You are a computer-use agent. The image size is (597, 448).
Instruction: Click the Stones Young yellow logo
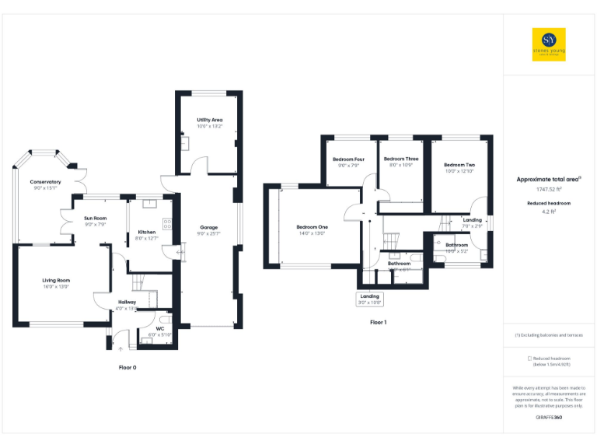pyautogui.click(x=549, y=44)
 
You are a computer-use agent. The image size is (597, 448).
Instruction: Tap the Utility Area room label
pyautogui.click(x=210, y=120)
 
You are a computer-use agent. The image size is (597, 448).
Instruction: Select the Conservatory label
pyautogui.click(x=46, y=182)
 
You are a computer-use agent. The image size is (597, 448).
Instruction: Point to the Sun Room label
pyautogui.click(x=96, y=218)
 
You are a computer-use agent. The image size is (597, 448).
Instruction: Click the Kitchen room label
pyautogui.click(x=147, y=233)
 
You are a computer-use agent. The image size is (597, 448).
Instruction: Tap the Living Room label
pyautogui.click(x=56, y=280)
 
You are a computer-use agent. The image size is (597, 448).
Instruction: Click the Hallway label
pyautogui.click(x=127, y=302)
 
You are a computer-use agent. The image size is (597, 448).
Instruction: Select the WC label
pyautogui.click(x=159, y=328)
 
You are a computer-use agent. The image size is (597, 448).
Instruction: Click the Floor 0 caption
pyautogui.click(x=127, y=366)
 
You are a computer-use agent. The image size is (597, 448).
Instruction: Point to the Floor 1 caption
pyautogui.click(x=378, y=322)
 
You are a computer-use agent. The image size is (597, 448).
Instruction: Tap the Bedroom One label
pyautogui.click(x=312, y=226)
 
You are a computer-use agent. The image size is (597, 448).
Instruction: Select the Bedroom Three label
pyautogui.click(x=400, y=159)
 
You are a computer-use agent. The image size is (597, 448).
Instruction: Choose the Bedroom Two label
pyautogui.click(x=459, y=165)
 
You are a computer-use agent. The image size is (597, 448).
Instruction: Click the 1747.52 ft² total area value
pyautogui.click(x=549, y=189)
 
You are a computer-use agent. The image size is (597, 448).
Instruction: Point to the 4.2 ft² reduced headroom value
pyautogui.click(x=549, y=210)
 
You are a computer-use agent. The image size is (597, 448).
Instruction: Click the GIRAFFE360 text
pyautogui.click(x=549, y=418)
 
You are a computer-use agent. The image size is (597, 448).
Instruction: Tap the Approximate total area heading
pyautogui.click(x=548, y=179)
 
